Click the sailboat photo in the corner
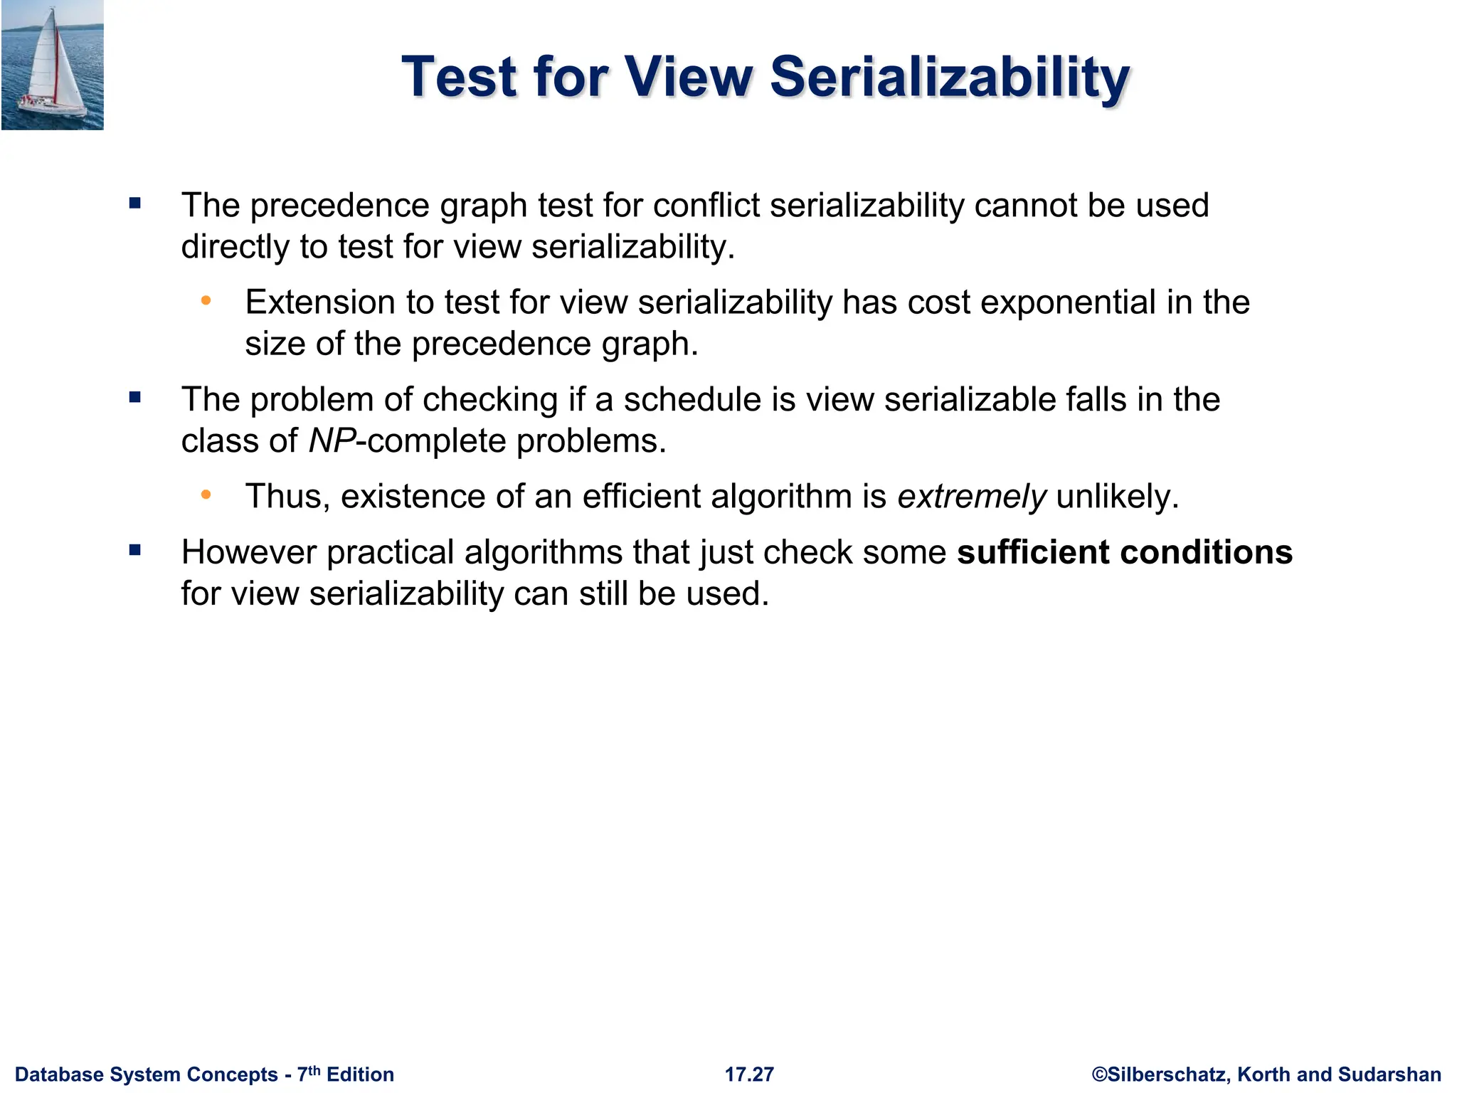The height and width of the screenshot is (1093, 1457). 53,65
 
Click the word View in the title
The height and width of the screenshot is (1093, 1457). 688,77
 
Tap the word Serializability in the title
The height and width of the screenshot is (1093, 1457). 950,77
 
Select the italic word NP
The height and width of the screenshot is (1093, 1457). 332,441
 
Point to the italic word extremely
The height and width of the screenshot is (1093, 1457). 972,497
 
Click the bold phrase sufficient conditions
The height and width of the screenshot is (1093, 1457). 1124,552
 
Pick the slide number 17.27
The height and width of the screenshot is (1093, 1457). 749,1074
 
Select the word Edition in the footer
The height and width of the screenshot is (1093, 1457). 360,1074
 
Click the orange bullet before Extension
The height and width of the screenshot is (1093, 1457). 206,301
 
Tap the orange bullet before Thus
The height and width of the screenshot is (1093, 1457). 206,495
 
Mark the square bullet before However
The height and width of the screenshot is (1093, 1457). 135,550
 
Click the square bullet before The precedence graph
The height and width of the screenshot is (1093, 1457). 135,204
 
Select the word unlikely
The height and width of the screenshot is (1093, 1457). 1117,497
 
